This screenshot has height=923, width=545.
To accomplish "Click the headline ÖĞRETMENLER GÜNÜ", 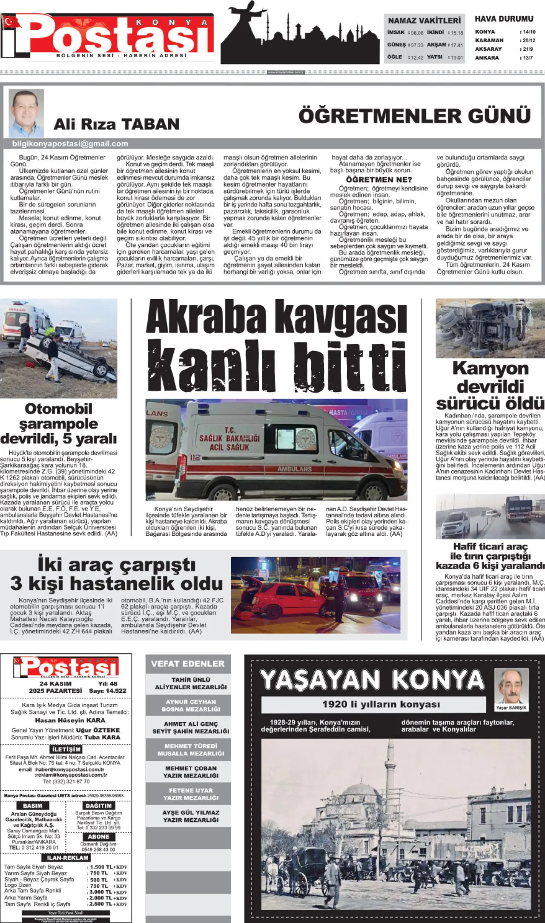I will tap(414, 116).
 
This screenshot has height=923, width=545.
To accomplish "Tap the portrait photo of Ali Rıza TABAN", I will tap(26, 113).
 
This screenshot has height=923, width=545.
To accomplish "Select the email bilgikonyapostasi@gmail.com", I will tap(70, 144).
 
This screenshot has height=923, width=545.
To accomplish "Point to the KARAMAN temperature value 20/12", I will tap(529, 40).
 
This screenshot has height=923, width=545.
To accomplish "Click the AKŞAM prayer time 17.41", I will tap(457, 45).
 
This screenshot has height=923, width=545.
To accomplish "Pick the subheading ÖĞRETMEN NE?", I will tap(379, 180).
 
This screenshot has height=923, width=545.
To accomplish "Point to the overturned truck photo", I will tap(490, 328).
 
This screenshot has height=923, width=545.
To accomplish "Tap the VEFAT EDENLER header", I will tap(188, 663).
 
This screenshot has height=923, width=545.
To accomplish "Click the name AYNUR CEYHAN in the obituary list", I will tap(191, 702).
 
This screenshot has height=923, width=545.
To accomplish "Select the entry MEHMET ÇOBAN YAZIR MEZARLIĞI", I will tap(191, 772).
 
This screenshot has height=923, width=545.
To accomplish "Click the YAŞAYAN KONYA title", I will tap(372, 680).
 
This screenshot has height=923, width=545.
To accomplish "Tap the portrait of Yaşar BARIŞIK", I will tap(511, 687).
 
